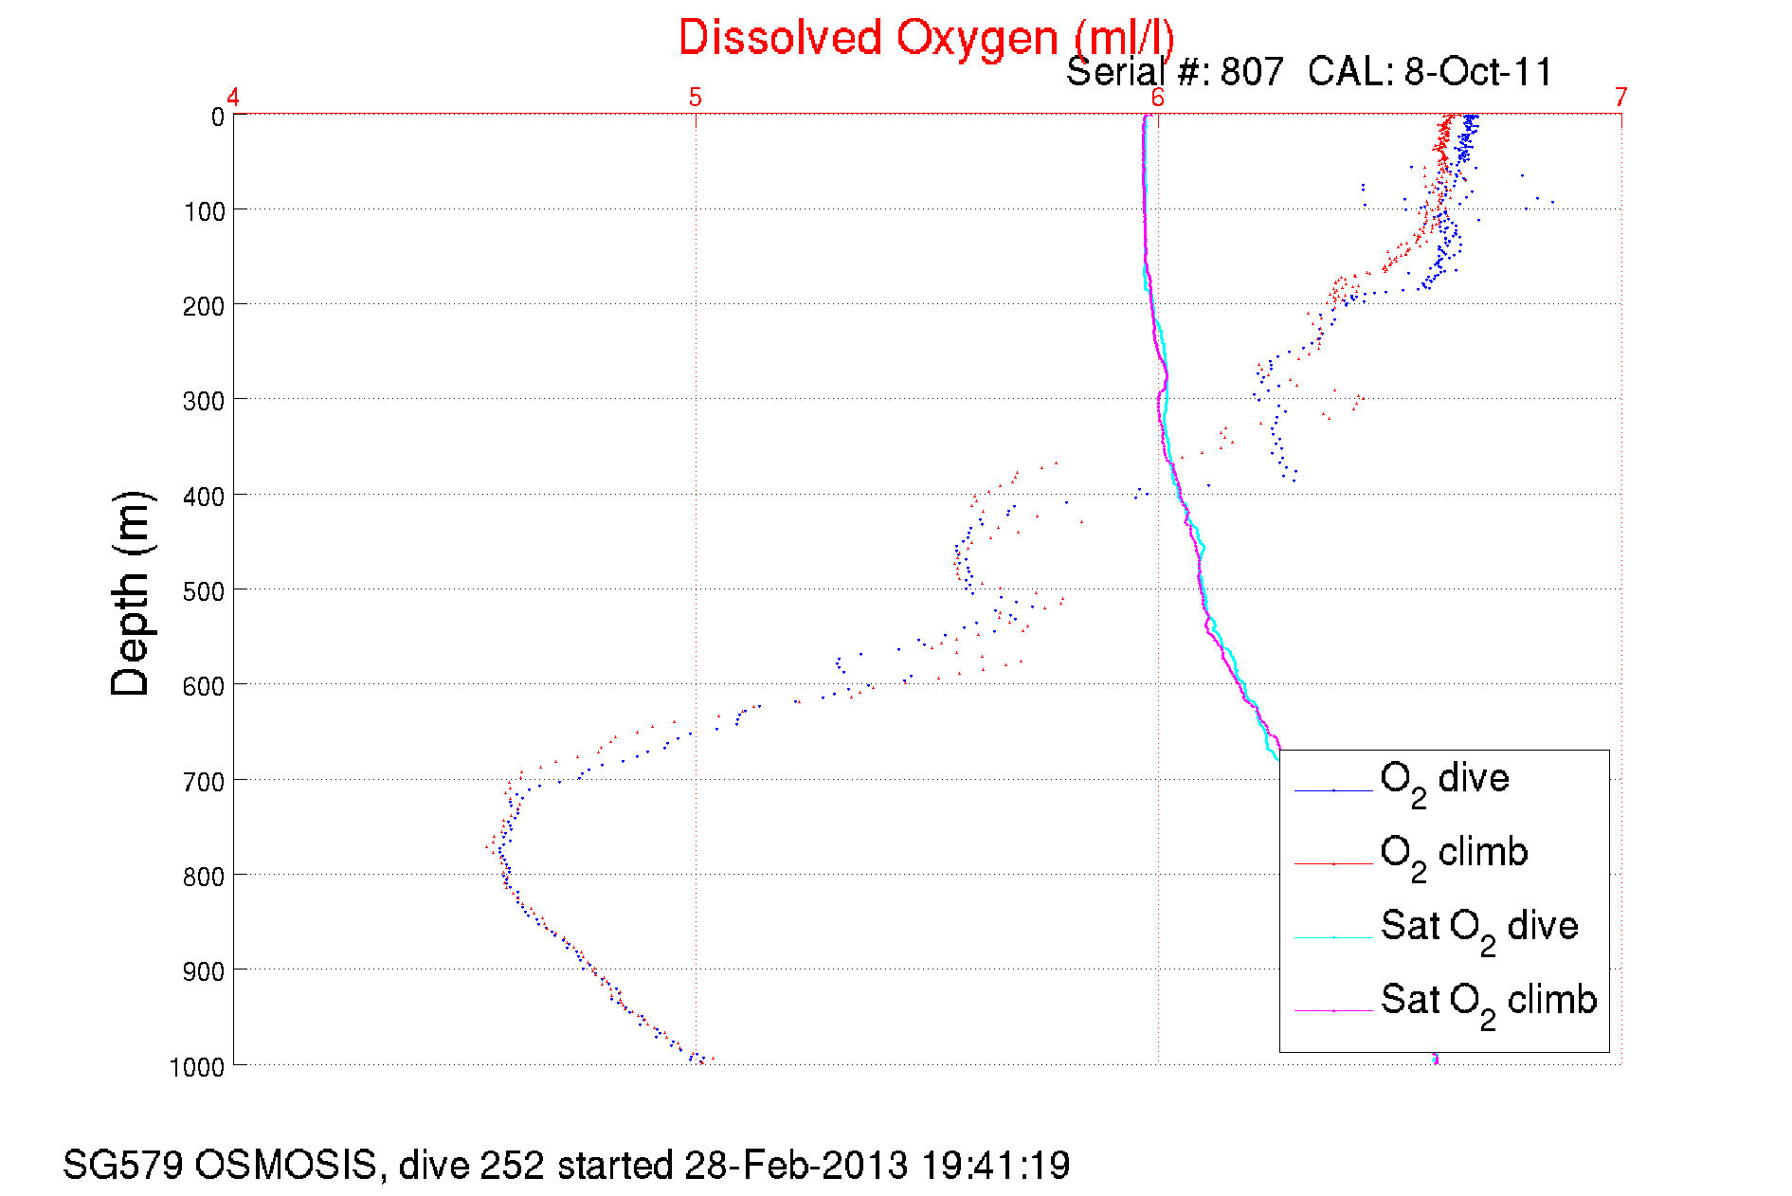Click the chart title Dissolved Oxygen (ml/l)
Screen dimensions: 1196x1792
click(926, 39)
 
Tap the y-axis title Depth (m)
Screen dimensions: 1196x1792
click(131, 594)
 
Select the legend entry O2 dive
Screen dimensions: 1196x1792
click(1443, 781)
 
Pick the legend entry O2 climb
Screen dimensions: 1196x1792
click(1453, 855)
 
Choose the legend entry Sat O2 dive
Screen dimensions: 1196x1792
click(1478, 928)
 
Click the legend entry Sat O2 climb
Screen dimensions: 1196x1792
click(1488, 1002)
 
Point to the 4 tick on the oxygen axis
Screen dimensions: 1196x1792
click(233, 97)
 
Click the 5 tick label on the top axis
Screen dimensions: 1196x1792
click(696, 97)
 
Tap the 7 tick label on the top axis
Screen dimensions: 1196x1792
click(1621, 97)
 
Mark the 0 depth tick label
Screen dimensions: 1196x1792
click(217, 118)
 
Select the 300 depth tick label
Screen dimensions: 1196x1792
click(204, 401)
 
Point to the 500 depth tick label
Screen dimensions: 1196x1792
click(204, 591)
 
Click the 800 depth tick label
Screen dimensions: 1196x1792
click(204, 877)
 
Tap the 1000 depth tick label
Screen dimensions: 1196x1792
click(197, 1067)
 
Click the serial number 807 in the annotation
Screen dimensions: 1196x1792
click(1252, 72)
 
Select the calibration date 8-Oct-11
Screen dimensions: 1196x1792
click(1478, 72)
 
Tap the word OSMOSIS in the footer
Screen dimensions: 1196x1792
click(285, 1165)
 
